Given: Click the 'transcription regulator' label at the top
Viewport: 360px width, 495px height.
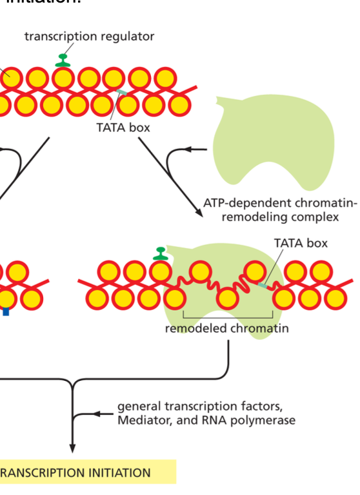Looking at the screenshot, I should tap(89, 36).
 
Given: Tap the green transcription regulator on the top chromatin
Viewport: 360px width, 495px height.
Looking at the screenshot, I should tap(63, 60).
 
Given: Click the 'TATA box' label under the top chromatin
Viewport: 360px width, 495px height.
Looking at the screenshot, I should tap(123, 128).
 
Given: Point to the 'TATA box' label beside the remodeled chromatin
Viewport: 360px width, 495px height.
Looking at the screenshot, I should tap(301, 243).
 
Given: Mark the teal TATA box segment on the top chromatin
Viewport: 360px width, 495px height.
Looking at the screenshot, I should tap(122, 94).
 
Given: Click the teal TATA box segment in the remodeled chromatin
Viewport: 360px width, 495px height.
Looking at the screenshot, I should tap(263, 284).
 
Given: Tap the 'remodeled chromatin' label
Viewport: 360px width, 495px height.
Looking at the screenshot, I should tap(226, 329).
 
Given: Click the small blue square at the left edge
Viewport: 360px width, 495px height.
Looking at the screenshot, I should tap(6, 312).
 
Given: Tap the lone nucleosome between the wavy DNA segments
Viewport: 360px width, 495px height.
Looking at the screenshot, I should tap(226, 298).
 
